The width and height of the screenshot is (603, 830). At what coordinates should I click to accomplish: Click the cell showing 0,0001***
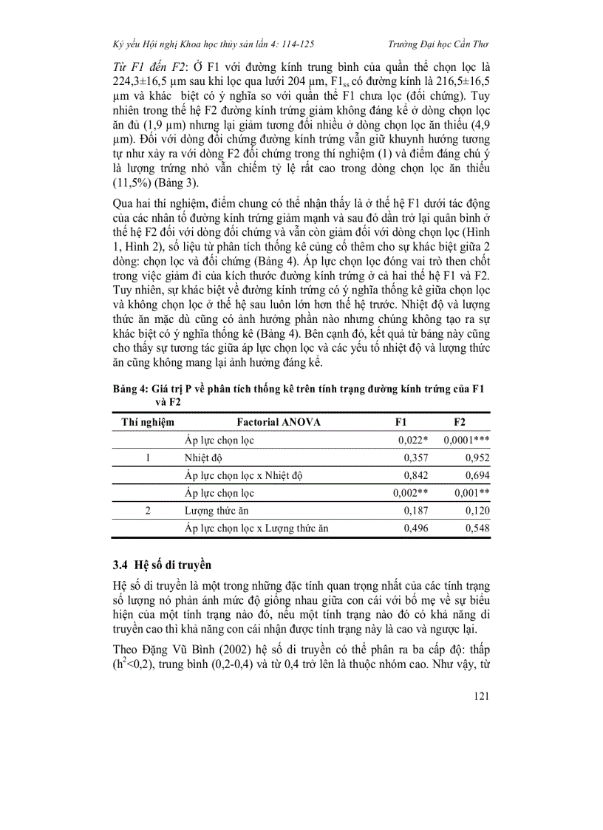[x=466, y=440]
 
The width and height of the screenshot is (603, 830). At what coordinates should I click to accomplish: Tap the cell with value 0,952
[x=477, y=457]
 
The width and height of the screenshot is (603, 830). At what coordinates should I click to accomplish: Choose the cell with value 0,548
[x=477, y=528]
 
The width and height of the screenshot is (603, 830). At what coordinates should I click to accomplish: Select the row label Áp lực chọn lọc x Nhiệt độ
[x=243, y=475]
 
